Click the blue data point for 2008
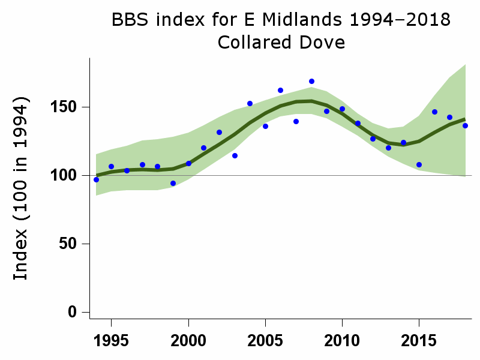(x=311, y=81)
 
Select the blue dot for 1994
(x=96, y=179)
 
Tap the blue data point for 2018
(x=465, y=125)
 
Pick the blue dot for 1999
(x=173, y=183)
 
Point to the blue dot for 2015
(x=419, y=164)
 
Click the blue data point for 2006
(x=280, y=90)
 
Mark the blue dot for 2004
(x=250, y=103)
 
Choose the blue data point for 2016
(x=434, y=112)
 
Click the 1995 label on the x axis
(x=112, y=340)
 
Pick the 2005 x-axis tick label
(x=265, y=340)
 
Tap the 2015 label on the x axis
(x=419, y=340)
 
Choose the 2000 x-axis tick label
(x=188, y=340)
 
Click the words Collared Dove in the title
(x=281, y=43)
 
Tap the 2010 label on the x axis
(x=342, y=340)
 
